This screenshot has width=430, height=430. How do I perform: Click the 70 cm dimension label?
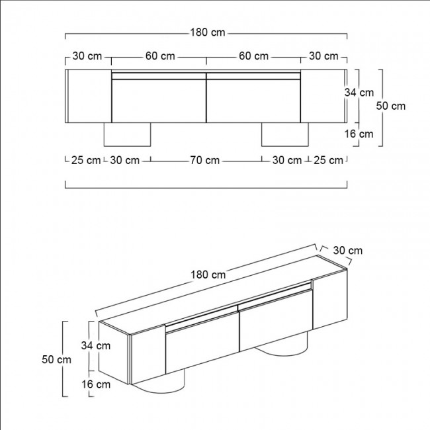coord(205,160)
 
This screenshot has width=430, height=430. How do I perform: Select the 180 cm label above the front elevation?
coord(208,33)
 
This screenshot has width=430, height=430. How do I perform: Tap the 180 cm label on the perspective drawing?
coord(208,275)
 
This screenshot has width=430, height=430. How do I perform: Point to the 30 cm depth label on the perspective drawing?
coord(347,250)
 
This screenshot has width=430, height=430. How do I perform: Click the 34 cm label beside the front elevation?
coord(359,93)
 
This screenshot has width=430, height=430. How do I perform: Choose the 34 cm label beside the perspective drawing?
coord(95,345)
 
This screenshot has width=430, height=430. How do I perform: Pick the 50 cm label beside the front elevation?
coord(390,105)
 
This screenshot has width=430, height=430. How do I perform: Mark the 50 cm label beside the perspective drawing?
coord(56,359)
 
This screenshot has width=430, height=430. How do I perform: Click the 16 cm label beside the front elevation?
coord(359,134)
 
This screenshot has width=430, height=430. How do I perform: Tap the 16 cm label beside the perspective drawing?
coord(95,384)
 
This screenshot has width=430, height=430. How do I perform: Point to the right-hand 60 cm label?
coord(253,56)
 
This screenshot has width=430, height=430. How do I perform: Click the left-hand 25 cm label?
coord(86,160)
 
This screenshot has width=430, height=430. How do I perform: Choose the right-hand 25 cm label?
coord(329,160)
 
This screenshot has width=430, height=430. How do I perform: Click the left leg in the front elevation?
coord(128,134)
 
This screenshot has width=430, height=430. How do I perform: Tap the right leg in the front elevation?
coord(285,134)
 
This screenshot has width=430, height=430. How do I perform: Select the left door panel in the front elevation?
coord(159,99)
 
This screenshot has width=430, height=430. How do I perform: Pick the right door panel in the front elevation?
coord(253,99)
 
